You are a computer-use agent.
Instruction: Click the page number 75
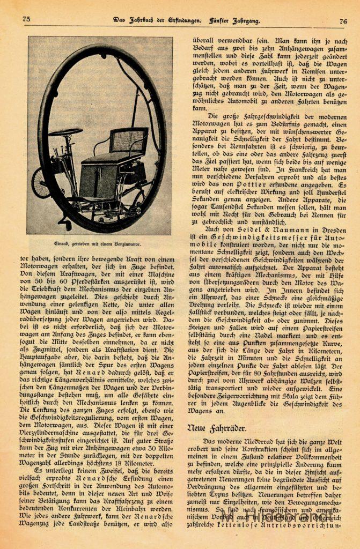(26, 19)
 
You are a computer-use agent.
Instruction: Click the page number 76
(343, 21)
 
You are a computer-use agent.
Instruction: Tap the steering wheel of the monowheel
(65, 132)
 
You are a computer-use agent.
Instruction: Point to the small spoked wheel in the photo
(41, 183)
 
